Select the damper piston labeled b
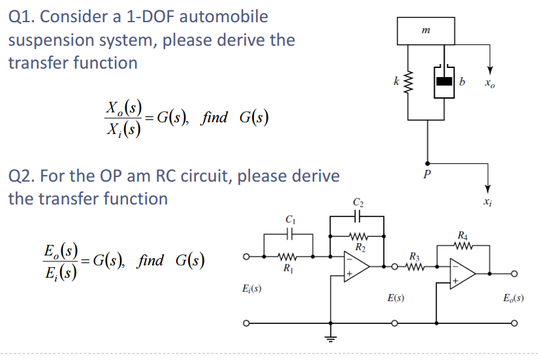click(x=445, y=82)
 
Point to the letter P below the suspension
click(x=428, y=175)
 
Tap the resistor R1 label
click(x=287, y=268)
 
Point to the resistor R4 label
click(x=462, y=235)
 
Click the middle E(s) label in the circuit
click(x=394, y=298)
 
